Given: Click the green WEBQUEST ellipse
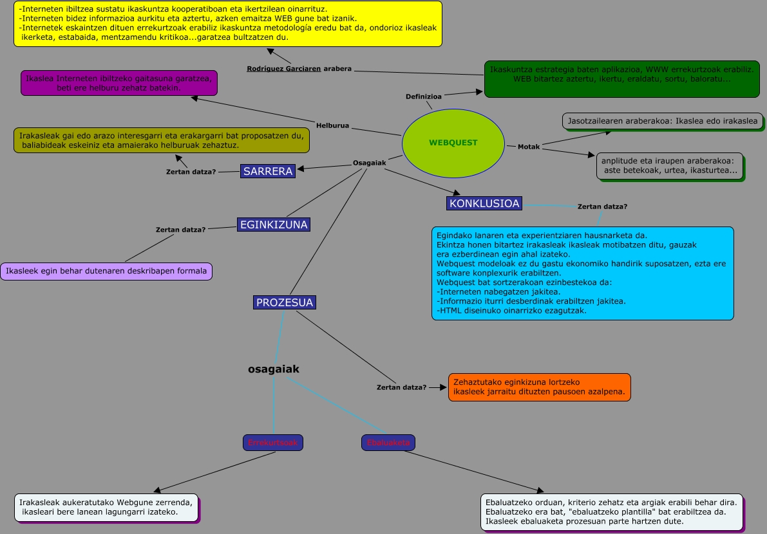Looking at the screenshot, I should [x=453, y=142].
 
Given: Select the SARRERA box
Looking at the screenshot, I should [x=268, y=171].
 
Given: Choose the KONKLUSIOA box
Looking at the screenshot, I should [x=484, y=203].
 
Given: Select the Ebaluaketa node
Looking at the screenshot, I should [x=388, y=443].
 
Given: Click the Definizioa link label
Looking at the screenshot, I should [x=423, y=97].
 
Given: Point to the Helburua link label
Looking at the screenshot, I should [x=332, y=125].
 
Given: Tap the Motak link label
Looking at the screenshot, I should [x=529, y=147].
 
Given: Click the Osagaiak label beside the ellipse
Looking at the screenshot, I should [x=369, y=163].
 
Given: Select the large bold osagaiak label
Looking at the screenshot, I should [x=274, y=369].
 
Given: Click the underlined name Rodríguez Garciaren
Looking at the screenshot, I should [x=283, y=68].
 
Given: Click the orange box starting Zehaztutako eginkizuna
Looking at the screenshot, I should [x=539, y=387].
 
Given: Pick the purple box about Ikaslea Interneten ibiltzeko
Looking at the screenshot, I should [x=118, y=83].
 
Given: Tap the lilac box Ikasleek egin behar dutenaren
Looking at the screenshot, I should [x=106, y=271].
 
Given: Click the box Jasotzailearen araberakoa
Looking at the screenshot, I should [x=663, y=121].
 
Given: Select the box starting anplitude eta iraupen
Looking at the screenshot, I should [x=670, y=166].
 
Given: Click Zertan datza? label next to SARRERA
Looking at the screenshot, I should [x=191, y=172].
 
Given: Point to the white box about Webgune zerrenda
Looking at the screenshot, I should [x=106, y=507].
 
